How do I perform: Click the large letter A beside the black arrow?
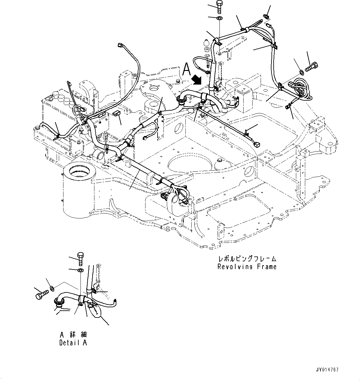pos(187,69)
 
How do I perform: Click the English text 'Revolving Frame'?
pos(247,267)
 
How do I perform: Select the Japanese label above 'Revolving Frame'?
pos(247,259)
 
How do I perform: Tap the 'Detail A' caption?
pos(73,343)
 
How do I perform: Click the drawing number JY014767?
pos(327,370)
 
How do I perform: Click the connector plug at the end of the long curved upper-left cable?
pos(121,45)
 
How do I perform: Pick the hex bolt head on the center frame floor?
pos(219,160)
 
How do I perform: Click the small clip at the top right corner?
pos(267,16)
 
